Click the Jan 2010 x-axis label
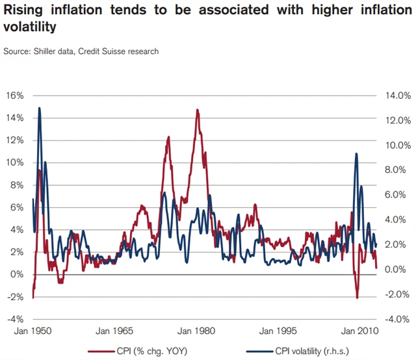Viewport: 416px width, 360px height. pos(357,330)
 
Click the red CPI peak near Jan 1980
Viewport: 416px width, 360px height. pos(196,110)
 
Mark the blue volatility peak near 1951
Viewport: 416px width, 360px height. pos(39,108)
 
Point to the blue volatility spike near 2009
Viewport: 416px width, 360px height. pos(356,153)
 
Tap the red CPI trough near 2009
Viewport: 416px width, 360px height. pos(357,298)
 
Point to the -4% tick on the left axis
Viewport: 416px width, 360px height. pos(16,319)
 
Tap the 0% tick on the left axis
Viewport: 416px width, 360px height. pos(18,274)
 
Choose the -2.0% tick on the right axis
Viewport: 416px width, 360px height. pos(395,294)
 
